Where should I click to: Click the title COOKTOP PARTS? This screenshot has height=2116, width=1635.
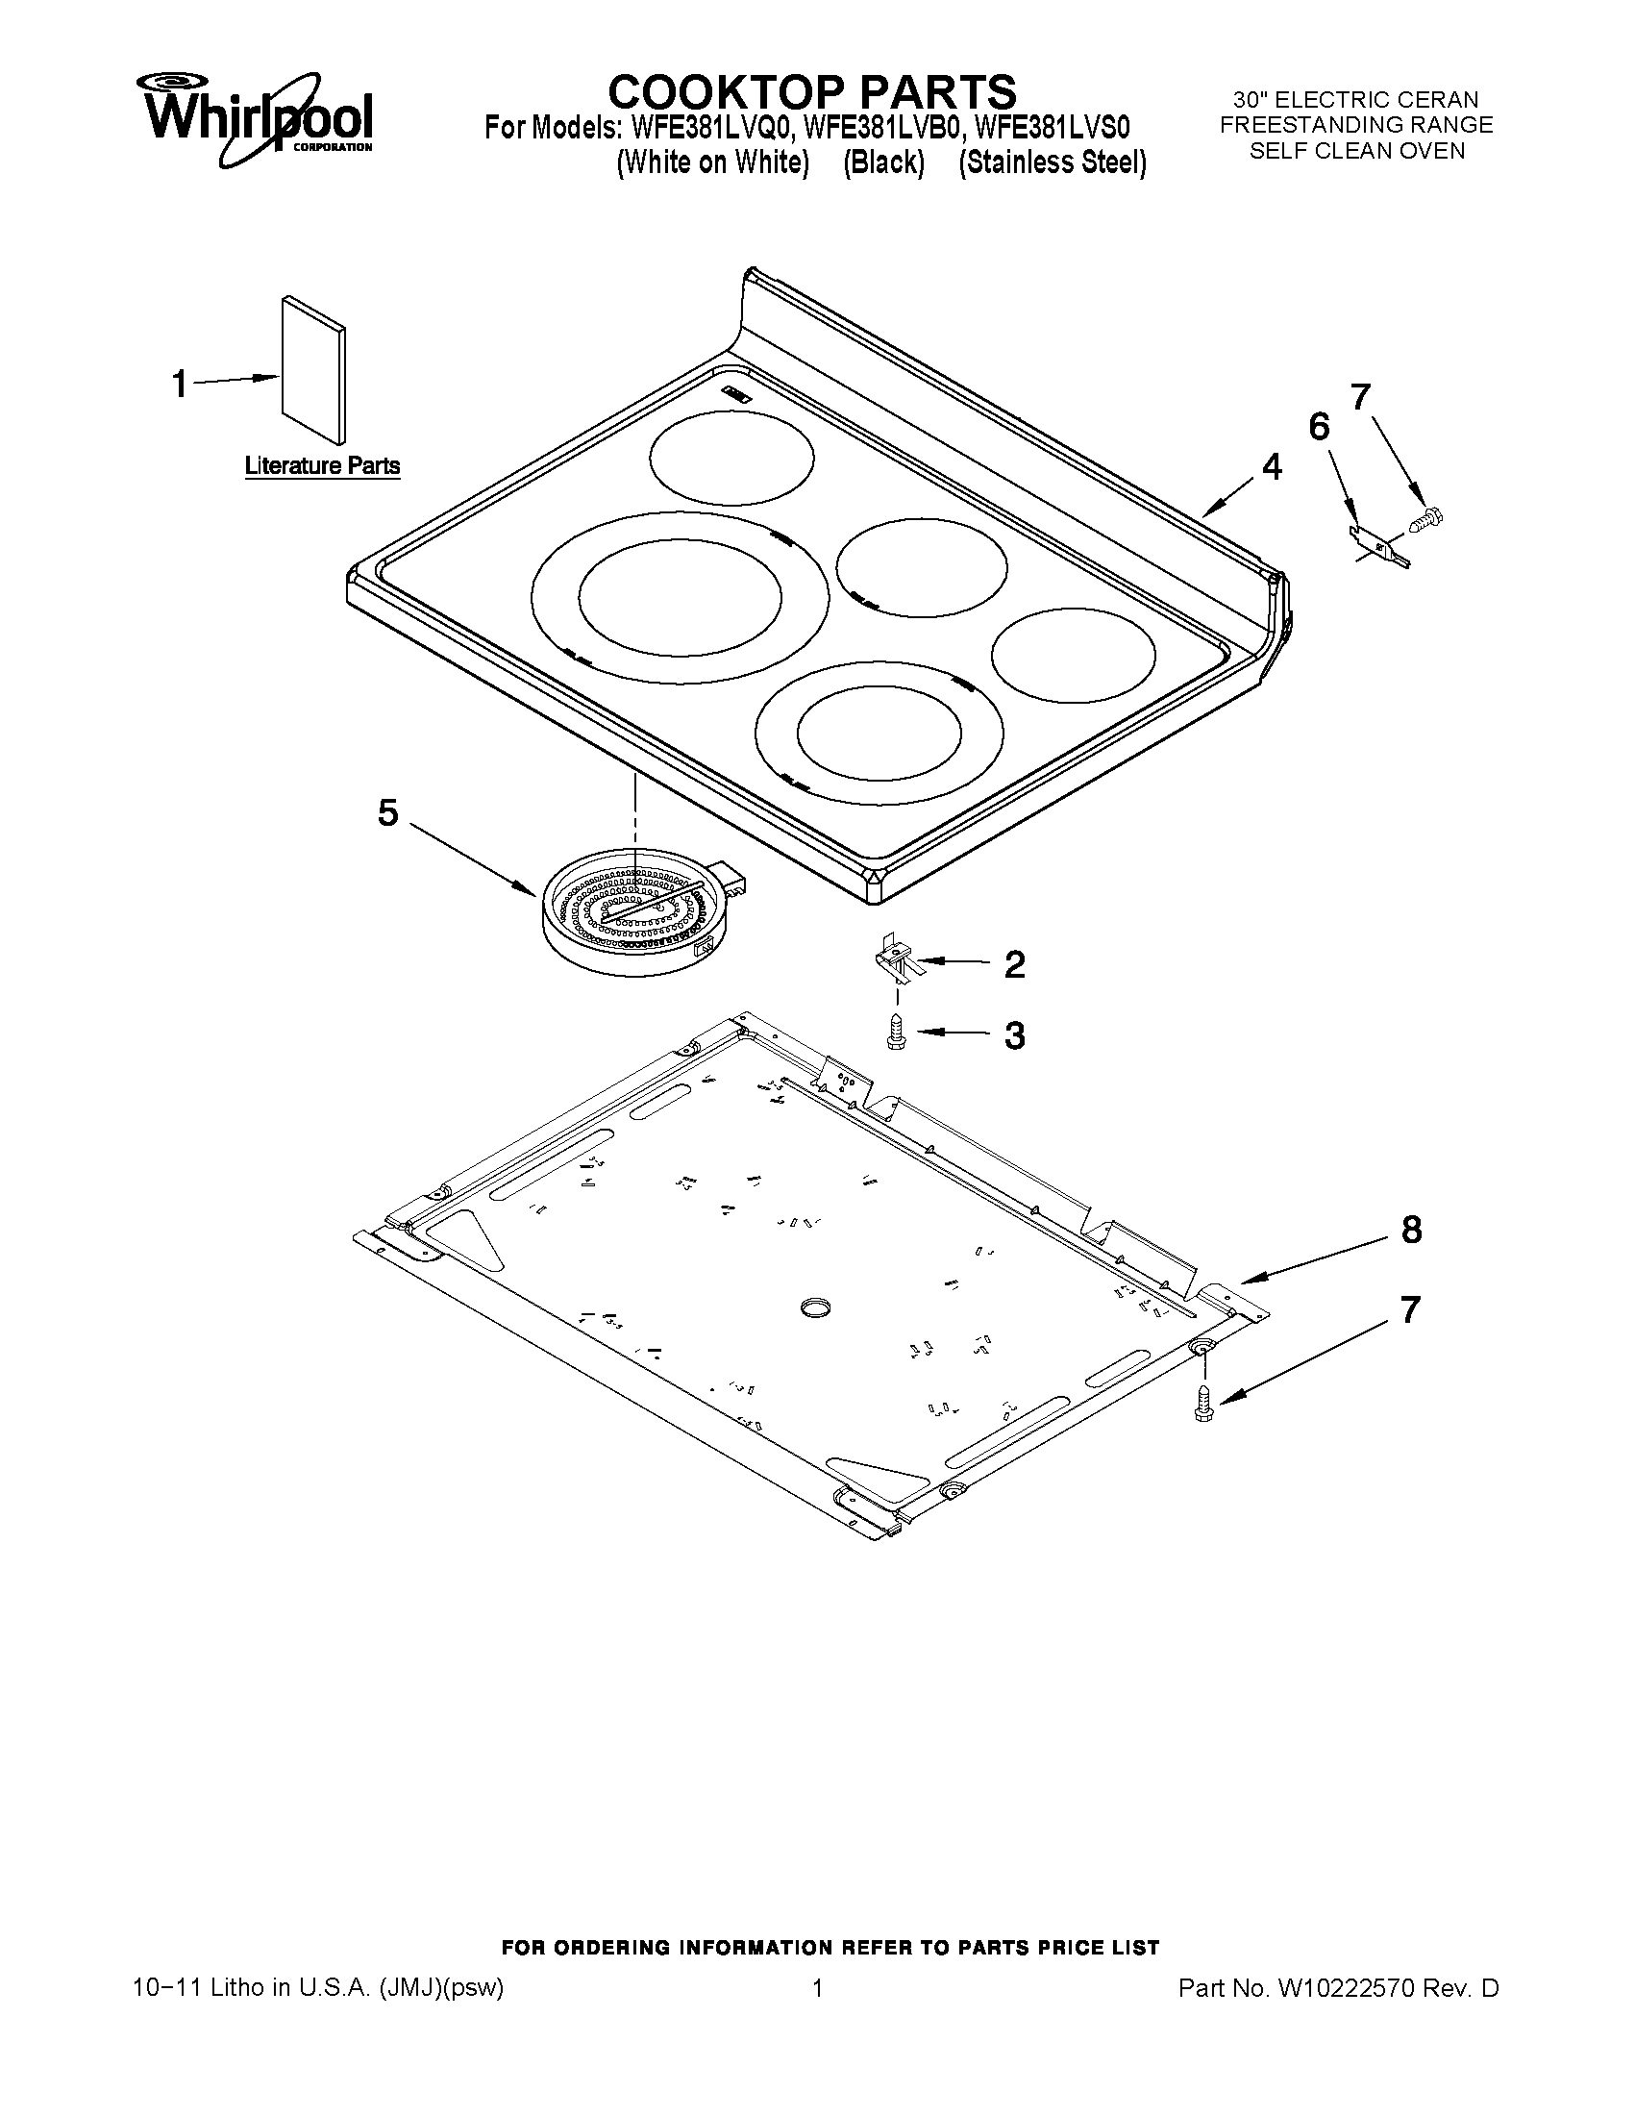coord(811,91)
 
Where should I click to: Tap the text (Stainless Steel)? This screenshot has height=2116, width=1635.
coord(1052,162)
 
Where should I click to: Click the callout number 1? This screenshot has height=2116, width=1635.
coord(179,384)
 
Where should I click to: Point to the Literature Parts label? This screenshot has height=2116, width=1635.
coord(322,466)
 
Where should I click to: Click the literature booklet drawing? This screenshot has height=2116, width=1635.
coord(313,368)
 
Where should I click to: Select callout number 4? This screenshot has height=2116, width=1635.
coord(1272,467)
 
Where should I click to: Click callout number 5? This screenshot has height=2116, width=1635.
coord(387,813)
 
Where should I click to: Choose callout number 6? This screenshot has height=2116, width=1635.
coord(1319,426)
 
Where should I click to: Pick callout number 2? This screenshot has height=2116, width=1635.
coord(1014,964)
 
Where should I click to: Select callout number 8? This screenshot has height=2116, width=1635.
coord(1412,1230)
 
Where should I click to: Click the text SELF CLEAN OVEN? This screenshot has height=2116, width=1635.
coord(1356,151)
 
